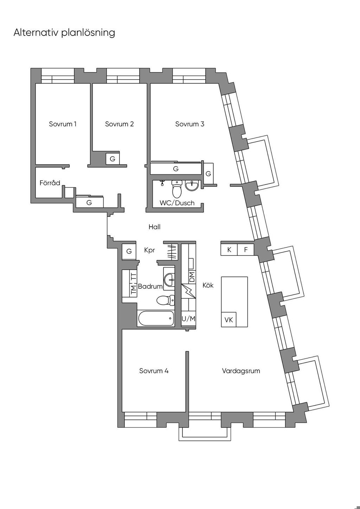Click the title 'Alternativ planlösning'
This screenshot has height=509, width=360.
pyautogui.click(x=64, y=33)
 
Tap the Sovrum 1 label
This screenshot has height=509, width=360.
pyautogui.click(x=63, y=124)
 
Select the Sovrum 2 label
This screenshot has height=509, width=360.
pyautogui.click(x=119, y=124)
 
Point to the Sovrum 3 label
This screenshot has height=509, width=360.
pyautogui.click(x=190, y=124)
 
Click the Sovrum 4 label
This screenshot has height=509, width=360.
pyautogui.click(x=154, y=371)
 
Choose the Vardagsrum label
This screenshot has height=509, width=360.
pyautogui.click(x=241, y=371)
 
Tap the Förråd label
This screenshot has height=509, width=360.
pyautogui.click(x=50, y=183)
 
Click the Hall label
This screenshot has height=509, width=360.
pyautogui.click(x=155, y=227)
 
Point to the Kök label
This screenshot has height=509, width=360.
pyautogui.click(x=208, y=285)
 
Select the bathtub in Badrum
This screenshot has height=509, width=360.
pyautogui.click(x=156, y=318)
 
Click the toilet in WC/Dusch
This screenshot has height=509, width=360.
pyautogui.click(x=177, y=189)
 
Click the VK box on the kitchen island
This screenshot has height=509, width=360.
pyautogui.click(x=229, y=320)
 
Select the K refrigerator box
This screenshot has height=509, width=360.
pyautogui.click(x=229, y=250)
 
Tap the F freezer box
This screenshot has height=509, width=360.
pyautogui.click(x=246, y=250)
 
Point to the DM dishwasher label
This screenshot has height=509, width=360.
pyautogui.click(x=192, y=277)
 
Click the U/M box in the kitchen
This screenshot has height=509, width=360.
pyautogui.click(x=189, y=319)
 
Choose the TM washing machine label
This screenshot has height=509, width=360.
pyautogui.click(x=134, y=290)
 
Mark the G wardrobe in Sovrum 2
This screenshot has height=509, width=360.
pyautogui.click(x=112, y=159)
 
